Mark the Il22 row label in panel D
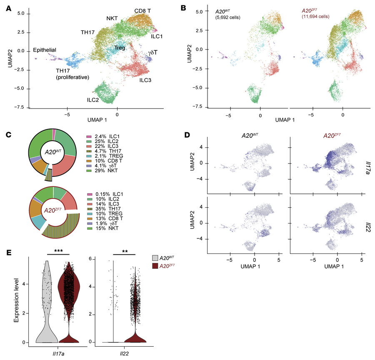coord(369,217)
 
